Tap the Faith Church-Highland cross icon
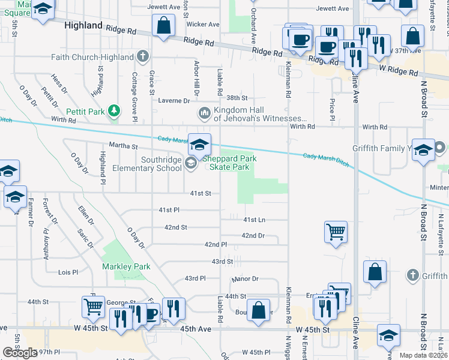point(142,57)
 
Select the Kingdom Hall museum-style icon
point(204,113)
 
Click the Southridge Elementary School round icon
point(191,163)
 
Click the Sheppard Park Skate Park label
point(225,163)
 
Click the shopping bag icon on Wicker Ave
point(164,25)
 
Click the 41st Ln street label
point(254,220)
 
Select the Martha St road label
point(123,146)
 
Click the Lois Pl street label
point(68,272)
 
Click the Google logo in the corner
point(20,353)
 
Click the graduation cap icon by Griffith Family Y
point(423,150)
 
